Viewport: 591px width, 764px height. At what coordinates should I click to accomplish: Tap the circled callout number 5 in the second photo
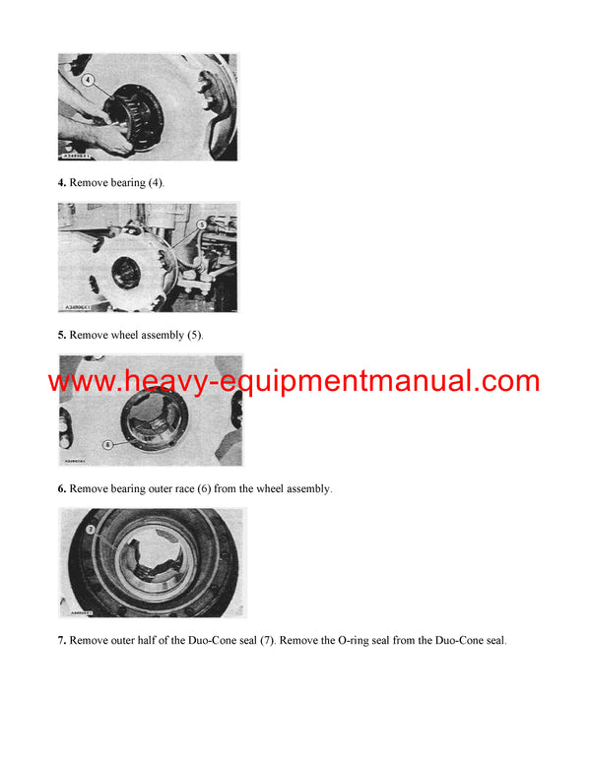tap(202, 224)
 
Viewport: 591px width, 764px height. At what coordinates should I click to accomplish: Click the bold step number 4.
tap(61, 183)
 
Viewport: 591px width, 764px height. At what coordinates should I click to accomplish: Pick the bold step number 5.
tap(61, 336)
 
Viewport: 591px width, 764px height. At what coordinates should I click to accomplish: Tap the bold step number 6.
tap(61, 488)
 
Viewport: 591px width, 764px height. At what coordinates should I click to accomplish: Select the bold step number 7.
tap(61, 641)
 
